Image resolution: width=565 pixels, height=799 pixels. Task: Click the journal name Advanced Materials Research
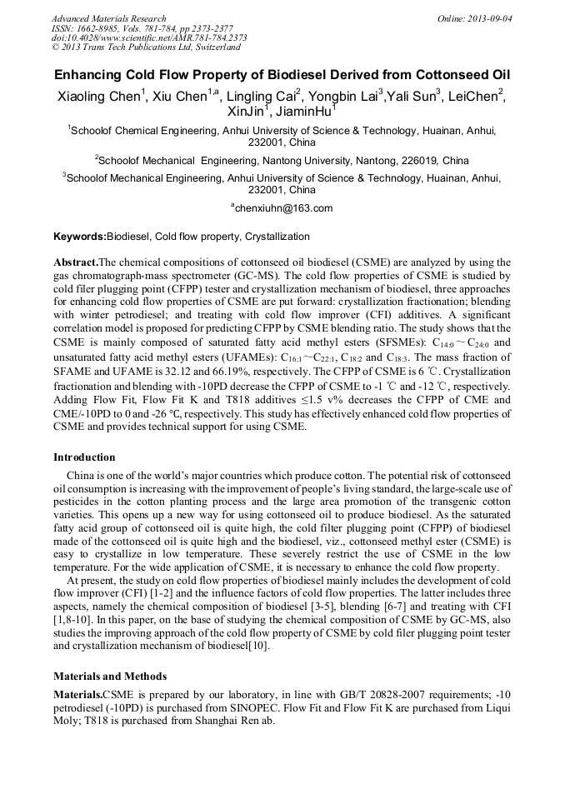108,18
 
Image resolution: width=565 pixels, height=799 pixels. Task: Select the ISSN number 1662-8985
103,28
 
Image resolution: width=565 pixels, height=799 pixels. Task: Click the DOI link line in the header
149,38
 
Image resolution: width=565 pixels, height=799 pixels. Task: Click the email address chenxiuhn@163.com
283,208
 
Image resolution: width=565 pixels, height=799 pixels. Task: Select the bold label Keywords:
79,237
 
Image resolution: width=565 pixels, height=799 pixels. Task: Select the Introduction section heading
84,457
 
